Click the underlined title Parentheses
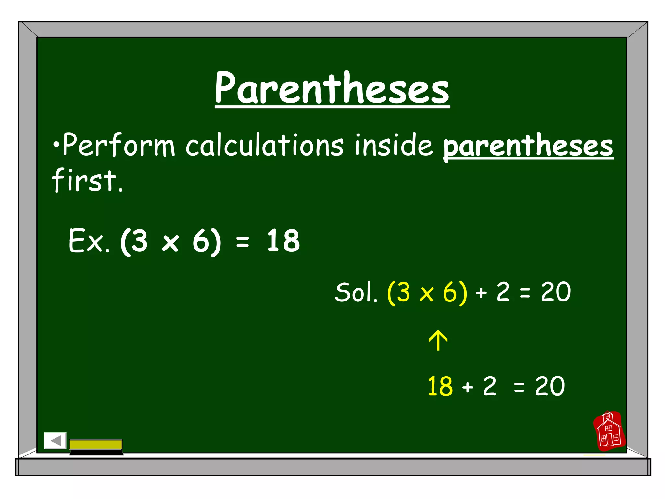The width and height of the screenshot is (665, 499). [x=332, y=88]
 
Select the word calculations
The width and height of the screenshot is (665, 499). [x=264, y=145]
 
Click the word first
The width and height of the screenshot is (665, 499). [x=87, y=180]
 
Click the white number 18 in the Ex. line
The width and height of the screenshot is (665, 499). [x=283, y=241]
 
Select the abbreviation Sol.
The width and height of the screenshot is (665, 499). [x=356, y=292]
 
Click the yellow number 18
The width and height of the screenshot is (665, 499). [x=440, y=386]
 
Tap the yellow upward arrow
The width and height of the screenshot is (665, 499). [x=438, y=340]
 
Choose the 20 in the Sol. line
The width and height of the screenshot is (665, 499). [x=556, y=292]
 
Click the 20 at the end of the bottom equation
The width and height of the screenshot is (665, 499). [x=550, y=386]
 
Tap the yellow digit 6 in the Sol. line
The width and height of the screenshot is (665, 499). [x=450, y=292]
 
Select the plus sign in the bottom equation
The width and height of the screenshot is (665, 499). [x=468, y=387]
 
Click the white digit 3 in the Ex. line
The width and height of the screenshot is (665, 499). [x=139, y=241]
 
